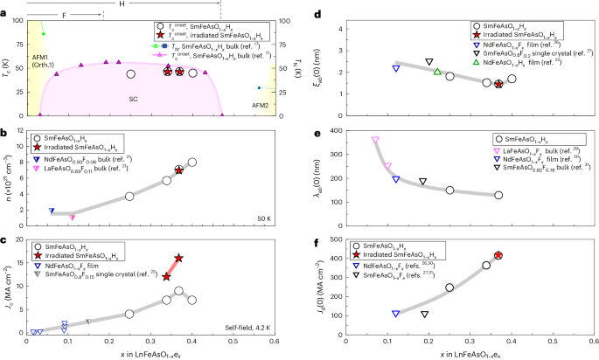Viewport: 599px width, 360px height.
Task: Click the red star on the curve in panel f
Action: [498, 255]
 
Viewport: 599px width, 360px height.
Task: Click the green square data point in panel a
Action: [44, 34]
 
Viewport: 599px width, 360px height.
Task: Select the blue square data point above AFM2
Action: [259, 87]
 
